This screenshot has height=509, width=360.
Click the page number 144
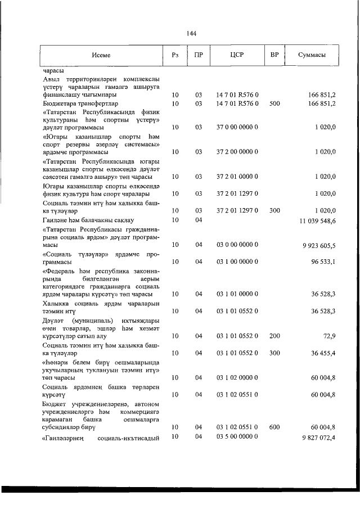(x=191, y=34)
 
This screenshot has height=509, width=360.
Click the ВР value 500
(x=274, y=103)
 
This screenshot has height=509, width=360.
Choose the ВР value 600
(x=274, y=427)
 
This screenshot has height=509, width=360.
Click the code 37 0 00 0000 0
(x=237, y=127)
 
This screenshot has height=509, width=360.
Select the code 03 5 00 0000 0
(x=237, y=437)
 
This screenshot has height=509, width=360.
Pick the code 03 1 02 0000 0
(x=237, y=378)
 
